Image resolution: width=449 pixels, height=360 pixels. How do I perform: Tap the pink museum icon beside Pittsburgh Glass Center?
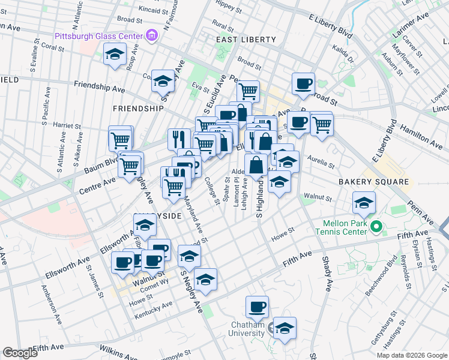[x=152, y=36]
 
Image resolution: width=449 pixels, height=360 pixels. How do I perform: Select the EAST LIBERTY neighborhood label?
[x=246, y=40]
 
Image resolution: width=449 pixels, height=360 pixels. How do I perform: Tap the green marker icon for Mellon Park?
[x=376, y=227]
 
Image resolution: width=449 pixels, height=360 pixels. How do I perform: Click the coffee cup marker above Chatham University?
[x=258, y=307]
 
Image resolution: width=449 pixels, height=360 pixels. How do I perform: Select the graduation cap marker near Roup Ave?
[x=113, y=55]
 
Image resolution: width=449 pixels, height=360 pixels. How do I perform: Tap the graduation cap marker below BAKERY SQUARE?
[x=364, y=203]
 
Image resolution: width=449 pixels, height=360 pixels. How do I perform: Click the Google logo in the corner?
[x=19, y=353]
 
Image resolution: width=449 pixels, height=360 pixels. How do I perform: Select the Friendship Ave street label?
[x=100, y=88]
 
